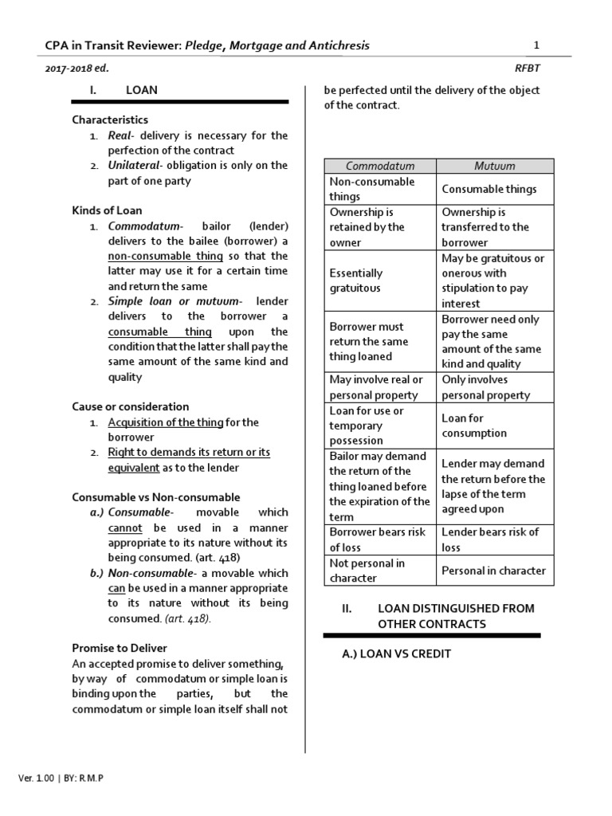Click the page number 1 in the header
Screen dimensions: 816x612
[x=536, y=45]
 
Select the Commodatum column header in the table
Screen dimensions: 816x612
[x=380, y=166]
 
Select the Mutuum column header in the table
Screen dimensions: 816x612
[x=494, y=166]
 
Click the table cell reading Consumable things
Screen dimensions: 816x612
[x=488, y=189]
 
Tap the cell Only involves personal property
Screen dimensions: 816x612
[x=485, y=387]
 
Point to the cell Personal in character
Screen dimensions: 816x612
[x=493, y=571]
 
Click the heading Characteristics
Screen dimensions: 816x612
[x=110, y=120]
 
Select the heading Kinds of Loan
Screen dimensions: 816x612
[x=107, y=210]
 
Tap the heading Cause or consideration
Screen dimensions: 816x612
[x=131, y=406]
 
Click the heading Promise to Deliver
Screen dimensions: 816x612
[x=120, y=648]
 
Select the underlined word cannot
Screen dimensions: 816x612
[x=125, y=528]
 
